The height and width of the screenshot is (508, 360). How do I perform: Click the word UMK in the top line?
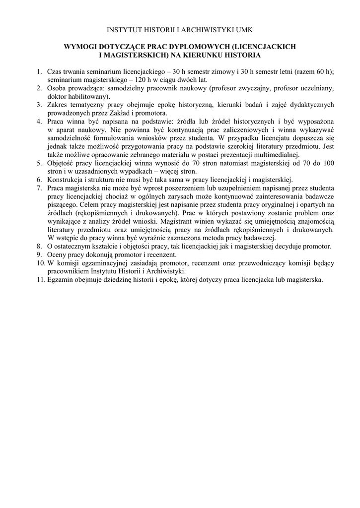point(243,31)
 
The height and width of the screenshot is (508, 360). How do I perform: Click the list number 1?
point(38,71)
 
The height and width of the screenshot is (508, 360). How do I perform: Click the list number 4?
point(38,121)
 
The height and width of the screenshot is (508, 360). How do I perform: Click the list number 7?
point(38,188)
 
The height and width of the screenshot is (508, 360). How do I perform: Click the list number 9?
point(38,254)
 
